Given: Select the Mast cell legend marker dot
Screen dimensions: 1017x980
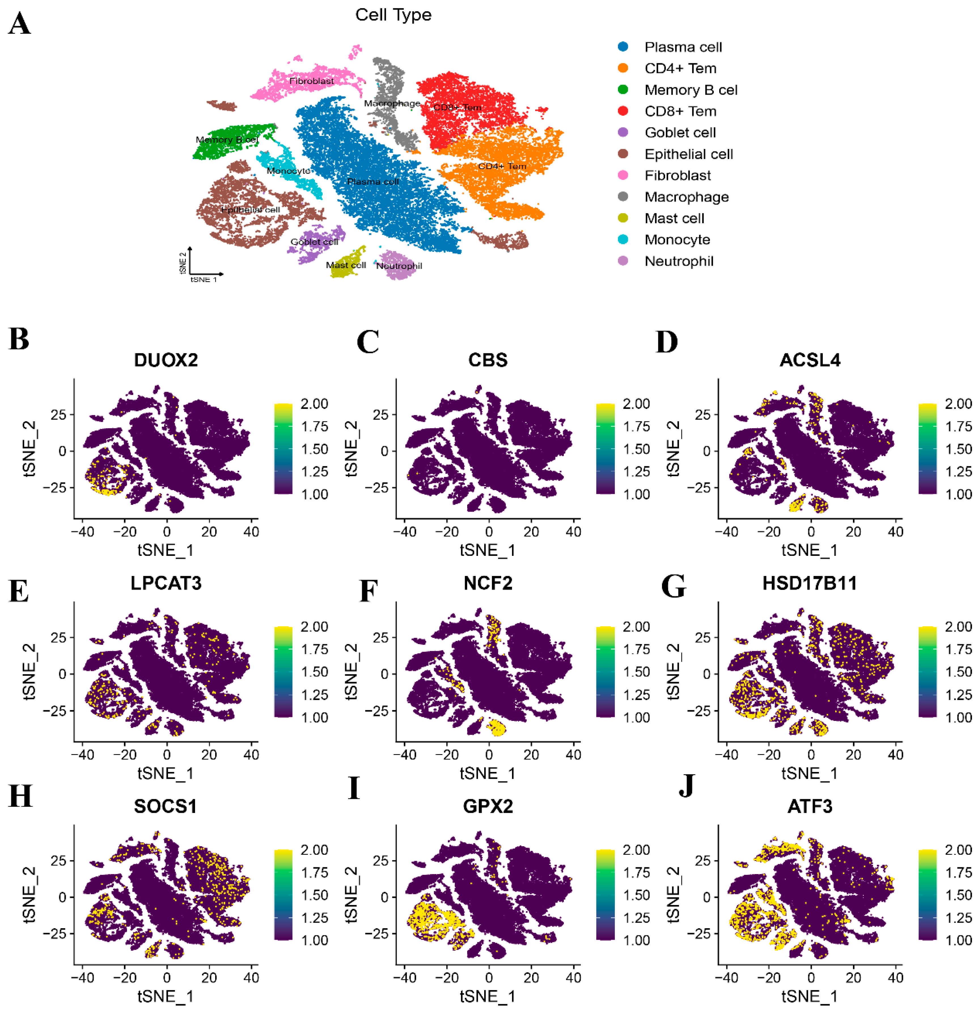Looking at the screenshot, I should pyautogui.click(x=623, y=218).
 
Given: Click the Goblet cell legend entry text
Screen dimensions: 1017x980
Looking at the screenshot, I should pyautogui.click(x=680, y=132).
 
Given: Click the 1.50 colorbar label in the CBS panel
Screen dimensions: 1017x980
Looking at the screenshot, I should pyautogui.click(x=636, y=449).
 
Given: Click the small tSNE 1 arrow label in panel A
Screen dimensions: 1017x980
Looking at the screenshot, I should pyautogui.click(x=203, y=280).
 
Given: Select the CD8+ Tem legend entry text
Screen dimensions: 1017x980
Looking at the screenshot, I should pyautogui.click(x=680, y=111).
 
